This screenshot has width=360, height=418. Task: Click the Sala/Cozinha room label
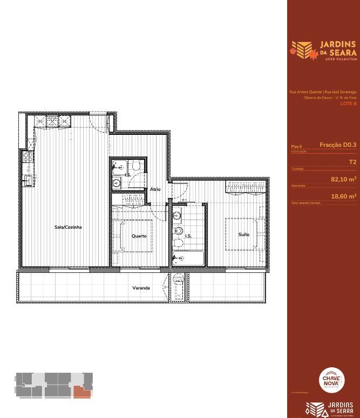point(68,227)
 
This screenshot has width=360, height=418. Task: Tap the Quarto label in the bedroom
point(139,236)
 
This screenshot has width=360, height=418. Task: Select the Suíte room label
point(244,235)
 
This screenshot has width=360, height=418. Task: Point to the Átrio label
point(155,189)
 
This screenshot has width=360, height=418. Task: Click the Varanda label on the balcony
point(141,288)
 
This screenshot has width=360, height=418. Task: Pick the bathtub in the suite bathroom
point(188,258)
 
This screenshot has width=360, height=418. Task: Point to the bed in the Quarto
point(133,235)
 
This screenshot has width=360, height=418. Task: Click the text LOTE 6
point(348,103)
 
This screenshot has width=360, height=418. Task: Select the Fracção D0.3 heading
point(338,145)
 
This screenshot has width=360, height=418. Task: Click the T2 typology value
point(352,162)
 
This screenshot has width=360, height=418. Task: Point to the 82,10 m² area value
point(343,179)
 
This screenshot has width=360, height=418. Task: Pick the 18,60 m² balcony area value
point(343,197)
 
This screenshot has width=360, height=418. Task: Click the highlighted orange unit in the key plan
point(81,392)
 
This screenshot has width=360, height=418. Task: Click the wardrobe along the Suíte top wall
point(246,187)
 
